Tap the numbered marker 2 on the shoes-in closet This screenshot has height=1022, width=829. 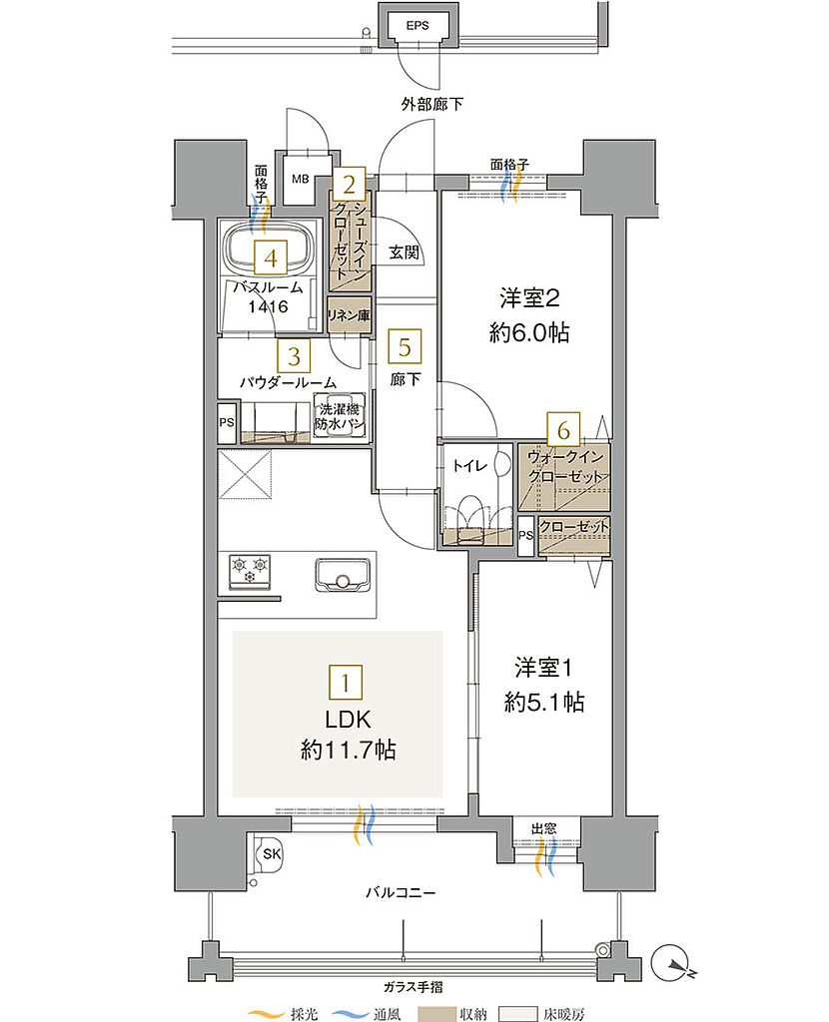coord(349,184)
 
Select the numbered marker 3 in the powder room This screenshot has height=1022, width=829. coord(294,354)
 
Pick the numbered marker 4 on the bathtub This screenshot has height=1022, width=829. coord(266,258)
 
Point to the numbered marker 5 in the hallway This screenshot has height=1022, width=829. coord(405,346)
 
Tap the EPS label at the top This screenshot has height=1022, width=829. coord(416,26)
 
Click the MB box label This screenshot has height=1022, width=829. coord(300,180)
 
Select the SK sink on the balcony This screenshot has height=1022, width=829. coord(270,854)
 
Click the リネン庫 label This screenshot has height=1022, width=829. coord(349,315)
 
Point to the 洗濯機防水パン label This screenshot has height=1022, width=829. coord(340,417)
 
